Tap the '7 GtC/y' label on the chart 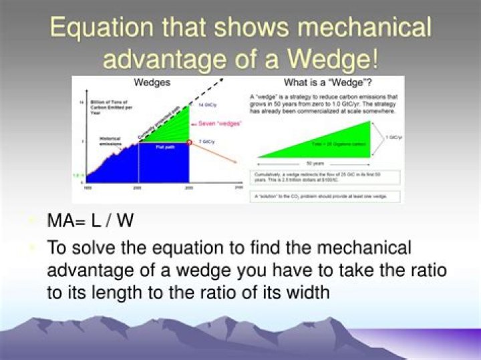pyautogui.click(x=207, y=142)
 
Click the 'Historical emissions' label pyautogui.click(x=111, y=142)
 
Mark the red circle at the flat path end pyautogui.click(x=190, y=142)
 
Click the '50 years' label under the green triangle pyautogui.click(x=313, y=164)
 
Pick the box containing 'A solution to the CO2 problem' pyautogui.click(x=327, y=196)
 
